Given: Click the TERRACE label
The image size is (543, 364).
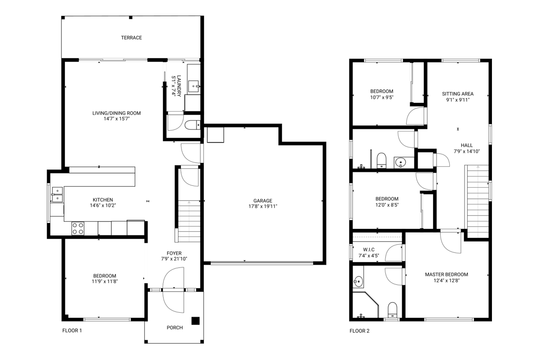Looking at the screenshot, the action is tap(131, 38).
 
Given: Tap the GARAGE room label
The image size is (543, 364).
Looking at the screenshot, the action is tap(263, 201).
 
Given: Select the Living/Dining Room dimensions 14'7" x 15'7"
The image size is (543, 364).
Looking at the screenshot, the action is tap(117, 118).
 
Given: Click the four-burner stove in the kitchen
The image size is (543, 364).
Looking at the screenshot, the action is tap(78, 228).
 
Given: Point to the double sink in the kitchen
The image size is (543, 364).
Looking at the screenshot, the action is tap(58, 194).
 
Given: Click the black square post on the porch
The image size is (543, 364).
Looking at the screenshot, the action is tap(195, 321).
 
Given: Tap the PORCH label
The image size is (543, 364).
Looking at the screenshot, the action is tap(174, 328).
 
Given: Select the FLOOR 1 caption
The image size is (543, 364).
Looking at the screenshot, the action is tap(72, 331).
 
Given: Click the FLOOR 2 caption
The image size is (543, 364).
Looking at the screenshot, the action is tap(359, 331).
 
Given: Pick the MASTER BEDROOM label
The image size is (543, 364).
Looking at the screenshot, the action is tap(446, 274).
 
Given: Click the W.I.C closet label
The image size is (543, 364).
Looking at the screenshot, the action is tap(369, 249).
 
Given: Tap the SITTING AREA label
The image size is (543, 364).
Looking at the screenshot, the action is tap(458, 93).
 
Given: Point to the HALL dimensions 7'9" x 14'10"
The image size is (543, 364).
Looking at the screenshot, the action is tap(467, 151).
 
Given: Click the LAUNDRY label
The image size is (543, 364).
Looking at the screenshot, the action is tap(179, 86).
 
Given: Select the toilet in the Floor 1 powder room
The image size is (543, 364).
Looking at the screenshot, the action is tap(193, 125).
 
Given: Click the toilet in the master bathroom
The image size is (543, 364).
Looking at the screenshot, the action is tap(392, 310).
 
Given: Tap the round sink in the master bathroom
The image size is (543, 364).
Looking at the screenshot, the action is tap(358, 281).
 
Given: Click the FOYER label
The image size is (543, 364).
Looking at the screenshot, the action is tap(174, 253).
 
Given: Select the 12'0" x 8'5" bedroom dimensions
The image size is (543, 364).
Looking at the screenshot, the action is tap(387, 205).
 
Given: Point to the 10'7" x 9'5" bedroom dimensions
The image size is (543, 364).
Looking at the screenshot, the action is tap(382, 97).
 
